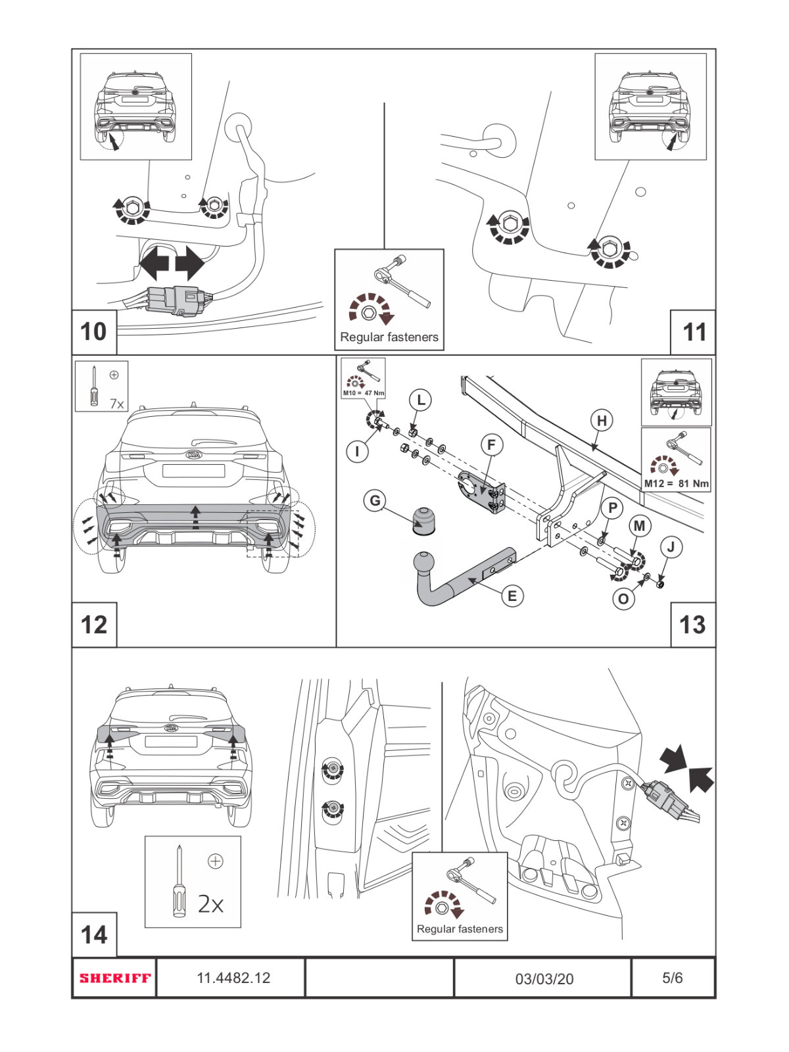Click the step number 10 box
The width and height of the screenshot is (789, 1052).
pyautogui.click(x=93, y=332)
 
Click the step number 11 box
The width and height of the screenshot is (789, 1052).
pyautogui.click(x=694, y=332)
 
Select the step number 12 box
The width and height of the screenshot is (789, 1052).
pyautogui.click(x=93, y=625)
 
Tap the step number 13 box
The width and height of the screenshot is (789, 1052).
pyautogui.click(x=692, y=625)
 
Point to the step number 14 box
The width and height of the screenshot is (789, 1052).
pyautogui.click(x=93, y=934)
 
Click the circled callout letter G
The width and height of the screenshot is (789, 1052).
pyautogui.click(x=375, y=501)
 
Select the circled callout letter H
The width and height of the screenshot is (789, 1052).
pyautogui.click(x=602, y=420)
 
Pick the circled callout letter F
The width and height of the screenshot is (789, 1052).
pyautogui.click(x=491, y=445)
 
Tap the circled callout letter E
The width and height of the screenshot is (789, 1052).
pyautogui.click(x=512, y=596)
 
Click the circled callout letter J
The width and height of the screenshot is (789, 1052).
pyautogui.click(x=671, y=546)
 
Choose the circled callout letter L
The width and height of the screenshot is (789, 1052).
pyautogui.click(x=420, y=399)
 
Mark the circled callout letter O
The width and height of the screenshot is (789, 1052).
pyautogui.click(x=623, y=599)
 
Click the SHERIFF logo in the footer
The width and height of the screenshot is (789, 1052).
pyautogui.click(x=115, y=978)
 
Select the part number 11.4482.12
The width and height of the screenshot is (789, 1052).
pyautogui.click(x=233, y=978)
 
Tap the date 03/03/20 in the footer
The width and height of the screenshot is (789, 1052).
pyautogui.click(x=544, y=978)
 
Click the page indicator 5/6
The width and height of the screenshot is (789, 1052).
pyautogui.click(x=672, y=978)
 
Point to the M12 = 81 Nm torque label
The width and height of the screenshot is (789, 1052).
pyautogui.click(x=676, y=483)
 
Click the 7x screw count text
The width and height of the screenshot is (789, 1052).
pyautogui.click(x=116, y=404)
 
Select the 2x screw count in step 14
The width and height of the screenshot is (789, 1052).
pyautogui.click(x=210, y=905)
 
